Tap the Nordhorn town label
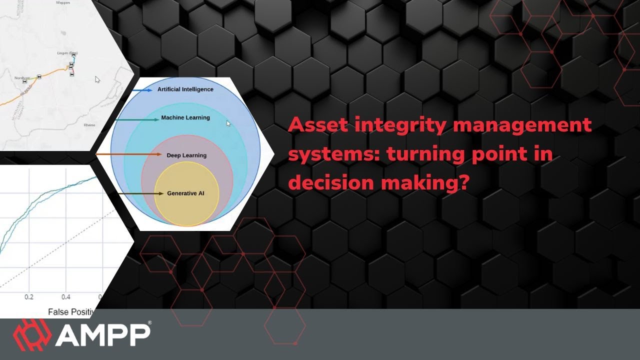click(22, 78)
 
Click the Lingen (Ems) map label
click(67, 53)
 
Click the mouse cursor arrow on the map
click(97, 79)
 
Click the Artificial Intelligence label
click(185, 89)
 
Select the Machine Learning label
click(185, 118)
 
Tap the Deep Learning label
click(186, 155)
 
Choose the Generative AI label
click(185, 193)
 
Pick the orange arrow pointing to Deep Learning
click(127, 155)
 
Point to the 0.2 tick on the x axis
click(29, 297)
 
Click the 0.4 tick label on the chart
click(66, 297)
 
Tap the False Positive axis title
click(70, 312)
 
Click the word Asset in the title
click(317, 124)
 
